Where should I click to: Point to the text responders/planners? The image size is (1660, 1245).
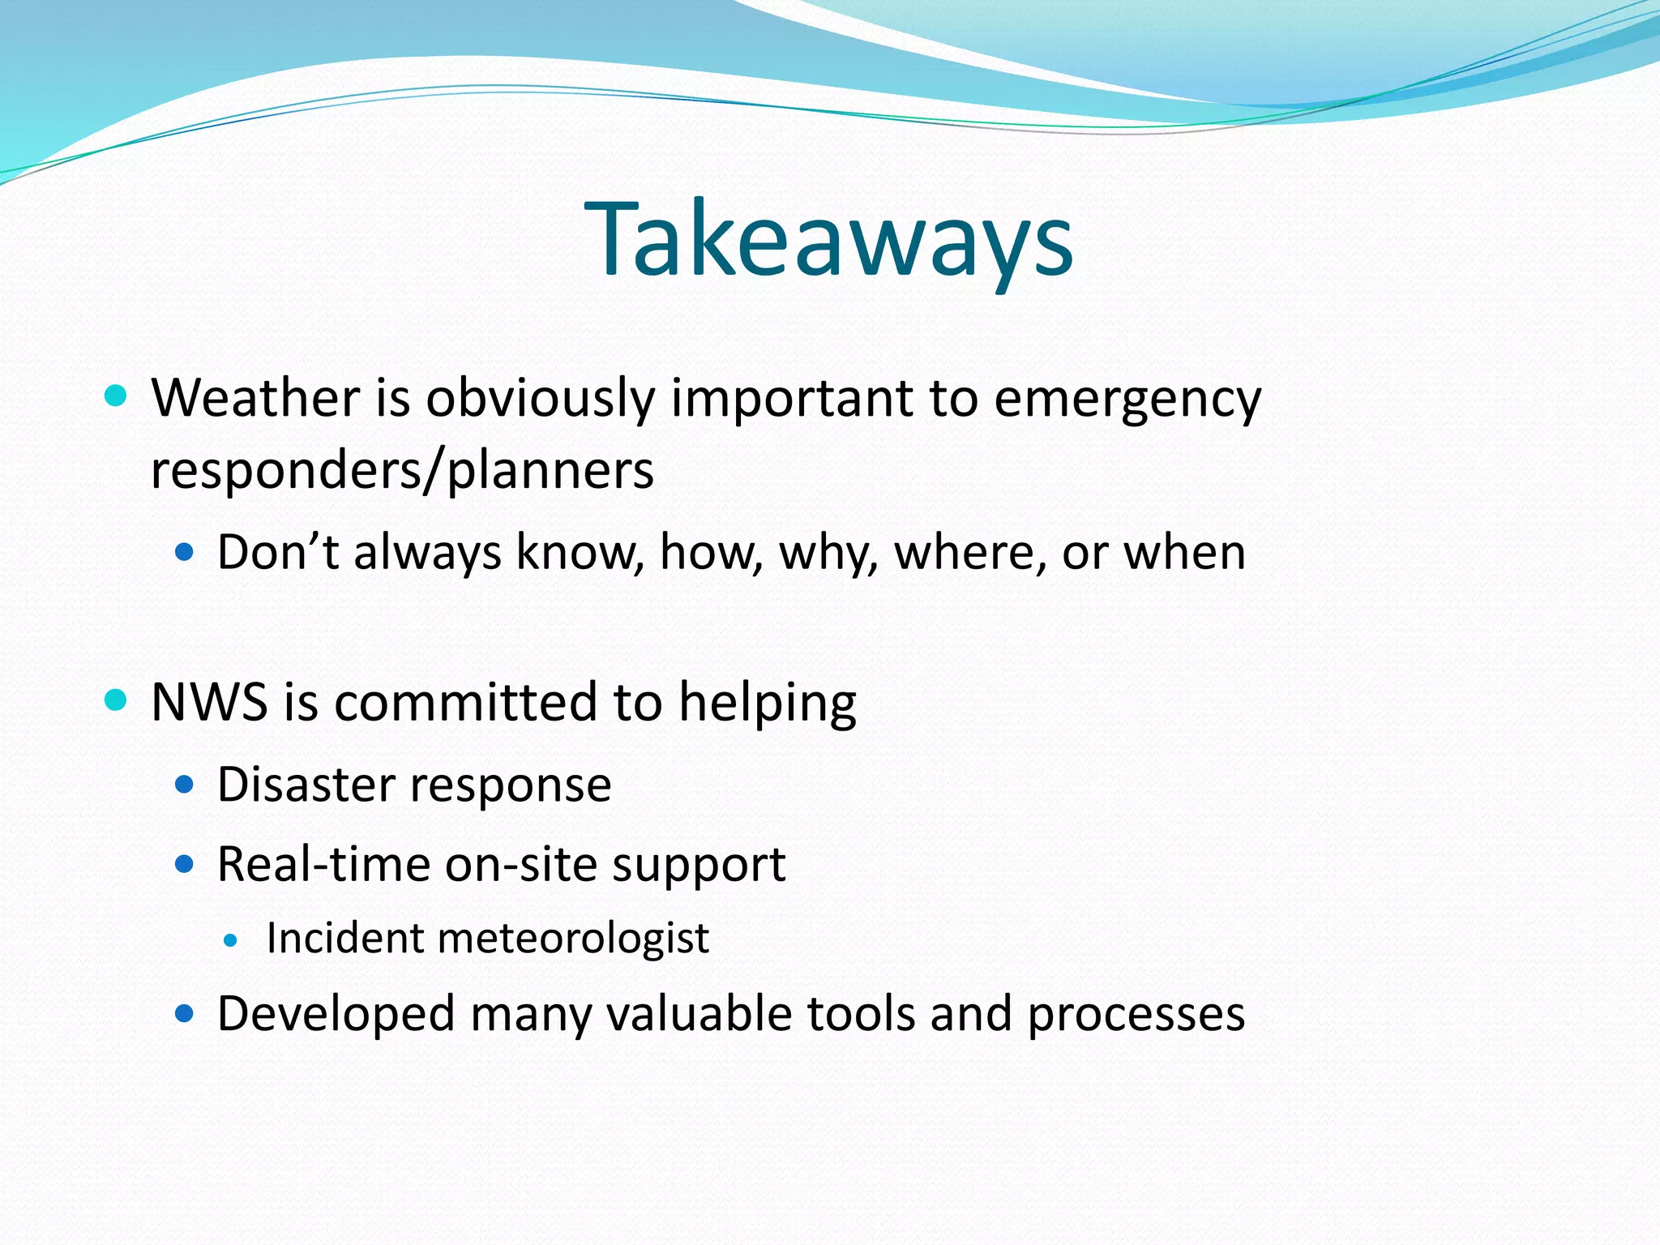402,470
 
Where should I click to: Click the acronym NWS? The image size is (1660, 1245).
209,701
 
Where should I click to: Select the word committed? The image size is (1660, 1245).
465,701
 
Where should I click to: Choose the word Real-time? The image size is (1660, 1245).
322,864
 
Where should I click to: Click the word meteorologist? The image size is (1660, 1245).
573,939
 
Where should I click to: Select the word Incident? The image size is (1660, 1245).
344,939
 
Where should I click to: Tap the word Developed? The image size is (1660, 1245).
336,1015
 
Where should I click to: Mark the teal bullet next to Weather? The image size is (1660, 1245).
117,396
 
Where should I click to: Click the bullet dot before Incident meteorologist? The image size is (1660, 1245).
231,941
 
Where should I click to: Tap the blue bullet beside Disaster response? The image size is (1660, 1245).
185,784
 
